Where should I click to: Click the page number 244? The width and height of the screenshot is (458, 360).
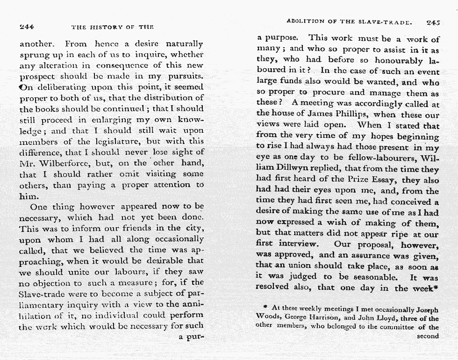pyautogui.click(x=27, y=27)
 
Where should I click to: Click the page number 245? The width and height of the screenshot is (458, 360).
pyautogui.click(x=434, y=22)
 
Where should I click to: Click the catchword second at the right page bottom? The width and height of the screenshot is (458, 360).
pyautogui.click(x=428, y=336)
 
